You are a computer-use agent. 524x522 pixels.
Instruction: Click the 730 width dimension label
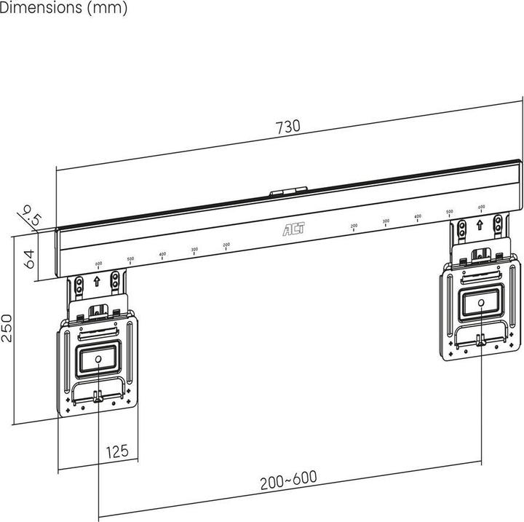287,127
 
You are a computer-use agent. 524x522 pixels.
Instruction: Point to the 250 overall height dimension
7,330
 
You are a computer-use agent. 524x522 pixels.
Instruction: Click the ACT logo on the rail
293,229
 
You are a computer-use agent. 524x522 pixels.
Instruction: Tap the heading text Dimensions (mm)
63,9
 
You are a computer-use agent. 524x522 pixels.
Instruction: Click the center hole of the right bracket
481,301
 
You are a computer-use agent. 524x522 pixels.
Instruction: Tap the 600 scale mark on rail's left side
98,264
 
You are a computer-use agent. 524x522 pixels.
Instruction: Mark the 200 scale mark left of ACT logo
226,245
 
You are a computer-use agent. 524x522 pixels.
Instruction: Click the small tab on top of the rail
287,193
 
